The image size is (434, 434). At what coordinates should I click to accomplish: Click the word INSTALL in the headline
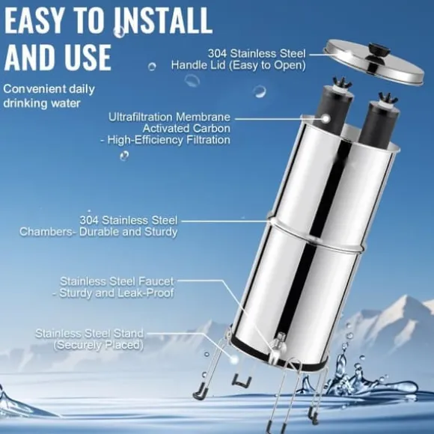click(x=163, y=20)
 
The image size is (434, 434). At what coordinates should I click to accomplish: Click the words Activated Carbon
click(x=186, y=129)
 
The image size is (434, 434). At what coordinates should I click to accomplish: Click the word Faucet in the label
click(x=156, y=281)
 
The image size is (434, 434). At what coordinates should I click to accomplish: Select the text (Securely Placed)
click(x=99, y=346)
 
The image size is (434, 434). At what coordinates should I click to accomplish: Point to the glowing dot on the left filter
click(x=326, y=119)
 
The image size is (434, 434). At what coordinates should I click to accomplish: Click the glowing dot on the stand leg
click(x=234, y=360)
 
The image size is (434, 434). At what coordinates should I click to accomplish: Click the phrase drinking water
click(x=42, y=103)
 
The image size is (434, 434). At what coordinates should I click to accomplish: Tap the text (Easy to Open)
click(x=267, y=65)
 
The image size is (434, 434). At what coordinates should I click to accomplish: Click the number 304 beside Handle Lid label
click(x=218, y=53)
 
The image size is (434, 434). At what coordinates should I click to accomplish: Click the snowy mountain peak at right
click(x=407, y=299)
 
